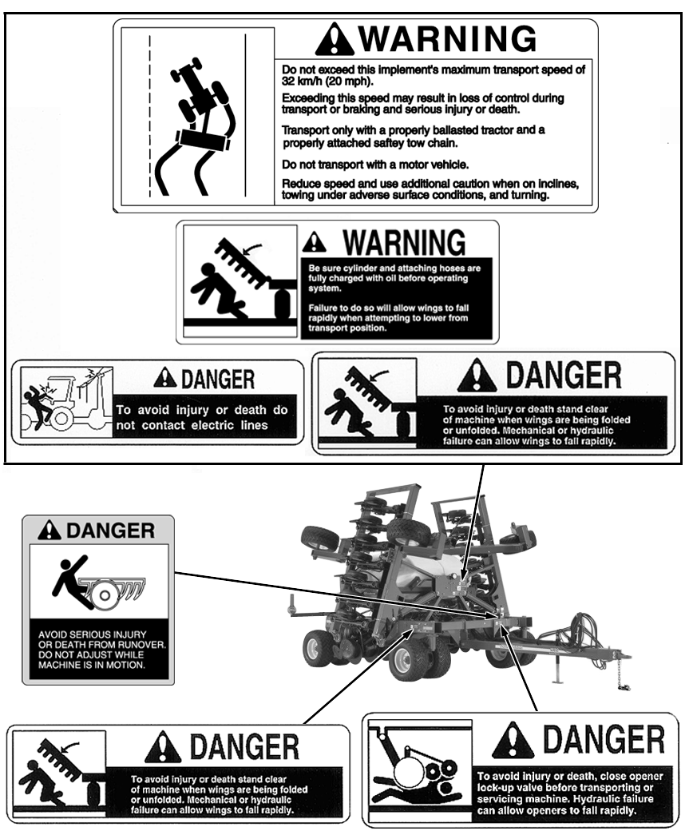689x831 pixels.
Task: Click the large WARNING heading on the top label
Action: click(447, 38)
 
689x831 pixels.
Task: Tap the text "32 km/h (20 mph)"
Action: click(327, 82)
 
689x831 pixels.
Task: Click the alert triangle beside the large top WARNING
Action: click(334, 38)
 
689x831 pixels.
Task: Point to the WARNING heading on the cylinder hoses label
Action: click(405, 243)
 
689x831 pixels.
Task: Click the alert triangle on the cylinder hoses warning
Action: click(315, 241)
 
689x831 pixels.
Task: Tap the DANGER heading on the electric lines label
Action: click(218, 379)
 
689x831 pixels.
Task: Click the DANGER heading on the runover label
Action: click(110, 530)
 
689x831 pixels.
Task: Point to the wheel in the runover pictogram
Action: click(105, 596)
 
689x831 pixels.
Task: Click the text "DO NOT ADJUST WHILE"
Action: click(91, 654)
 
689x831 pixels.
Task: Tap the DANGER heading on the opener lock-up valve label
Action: click(604, 739)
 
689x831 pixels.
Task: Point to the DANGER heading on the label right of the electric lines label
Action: click(564, 376)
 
